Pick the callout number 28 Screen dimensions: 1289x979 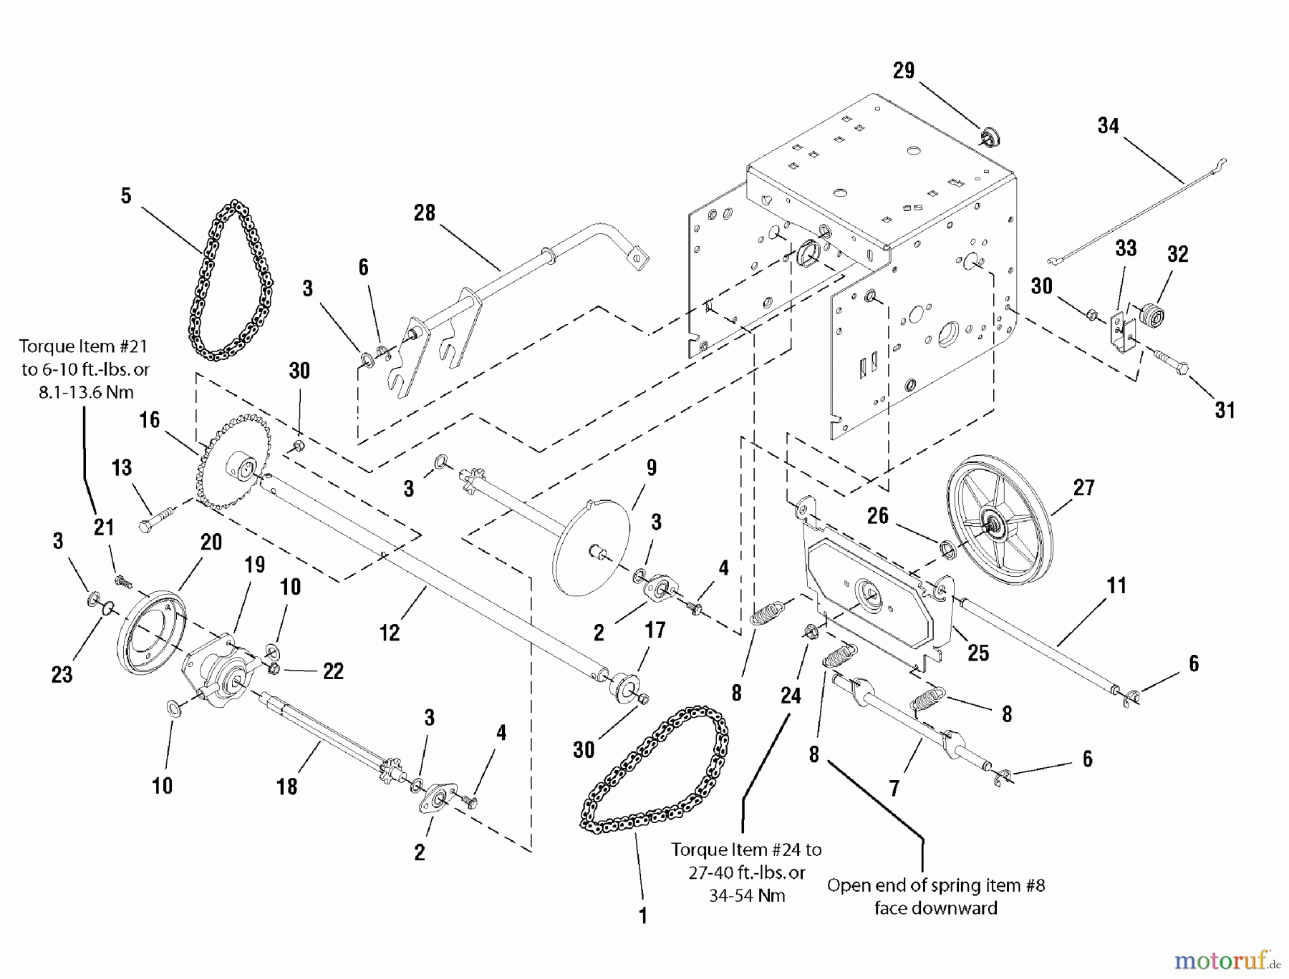click(x=425, y=213)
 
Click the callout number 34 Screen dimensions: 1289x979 click(x=1108, y=126)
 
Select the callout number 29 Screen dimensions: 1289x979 click(x=904, y=70)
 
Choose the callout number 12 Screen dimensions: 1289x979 click(x=390, y=633)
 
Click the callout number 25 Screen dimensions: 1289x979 click(x=978, y=652)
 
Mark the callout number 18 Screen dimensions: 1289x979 click(x=286, y=786)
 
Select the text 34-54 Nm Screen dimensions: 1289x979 click(x=747, y=895)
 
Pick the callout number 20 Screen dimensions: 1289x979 click(x=211, y=542)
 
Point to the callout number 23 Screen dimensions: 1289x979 click(x=62, y=674)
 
